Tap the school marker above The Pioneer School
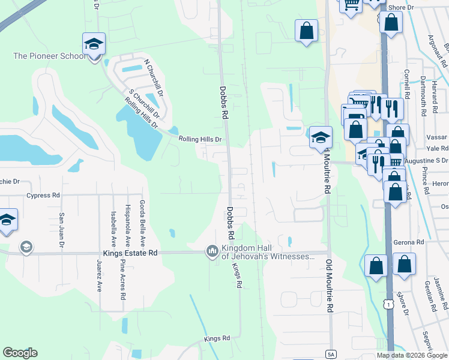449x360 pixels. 93,44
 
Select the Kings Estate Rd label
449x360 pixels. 132,253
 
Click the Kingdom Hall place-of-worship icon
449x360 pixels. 211,250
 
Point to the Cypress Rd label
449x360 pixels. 43,195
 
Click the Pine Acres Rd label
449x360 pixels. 122,278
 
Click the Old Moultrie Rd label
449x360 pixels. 328,287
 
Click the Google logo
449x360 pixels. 20,353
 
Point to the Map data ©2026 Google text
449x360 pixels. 412,355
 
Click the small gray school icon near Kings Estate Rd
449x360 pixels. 26,247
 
